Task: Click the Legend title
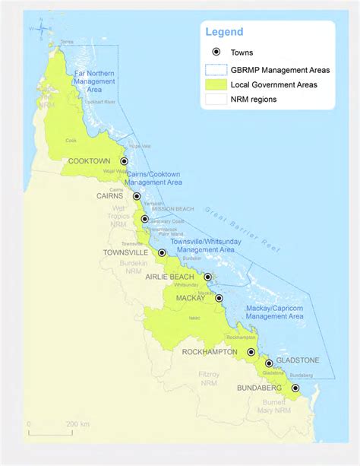point(224,32)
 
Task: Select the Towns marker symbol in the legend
point(216,52)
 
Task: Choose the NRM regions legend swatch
point(216,98)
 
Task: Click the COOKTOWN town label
point(90,161)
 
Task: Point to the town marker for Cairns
point(137,196)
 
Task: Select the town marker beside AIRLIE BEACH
point(207,277)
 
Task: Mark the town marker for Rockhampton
point(251,352)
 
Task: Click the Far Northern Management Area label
point(94,81)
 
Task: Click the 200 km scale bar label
point(77,423)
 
